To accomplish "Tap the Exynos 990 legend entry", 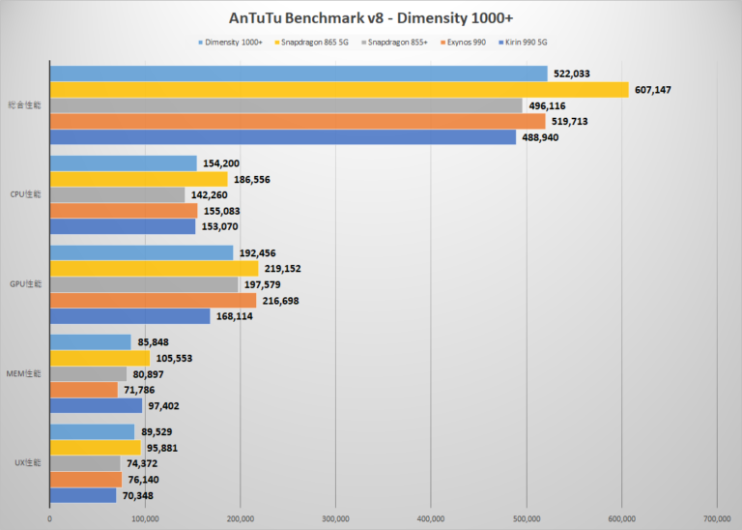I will click(468, 43).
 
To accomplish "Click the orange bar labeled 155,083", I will click(124, 210).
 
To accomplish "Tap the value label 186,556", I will click(251, 179).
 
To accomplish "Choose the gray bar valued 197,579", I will click(144, 284).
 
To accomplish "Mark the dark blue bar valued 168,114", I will click(129, 315).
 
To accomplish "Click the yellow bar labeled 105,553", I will click(100, 358).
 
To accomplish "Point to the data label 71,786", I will click(141, 390).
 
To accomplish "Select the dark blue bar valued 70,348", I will click(83, 495).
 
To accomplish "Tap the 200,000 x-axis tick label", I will click(241, 518).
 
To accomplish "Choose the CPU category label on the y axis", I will click(26, 194).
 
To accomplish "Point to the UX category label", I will click(27, 463).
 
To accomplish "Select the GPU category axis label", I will click(26, 284).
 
